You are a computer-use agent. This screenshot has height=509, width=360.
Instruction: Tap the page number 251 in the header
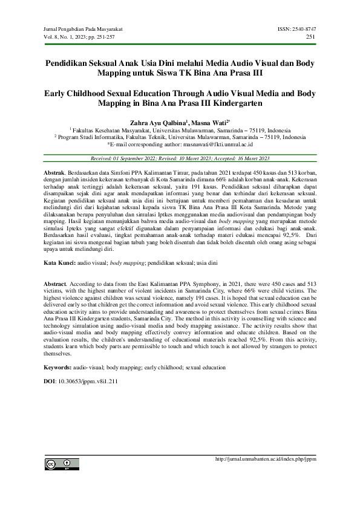point(312,37)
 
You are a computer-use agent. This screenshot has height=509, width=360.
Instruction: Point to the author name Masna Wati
point(208,122)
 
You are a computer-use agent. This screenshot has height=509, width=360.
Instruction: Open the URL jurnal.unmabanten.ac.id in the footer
point(266,459)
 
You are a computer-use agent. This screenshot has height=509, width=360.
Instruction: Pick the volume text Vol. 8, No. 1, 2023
point(70,37)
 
